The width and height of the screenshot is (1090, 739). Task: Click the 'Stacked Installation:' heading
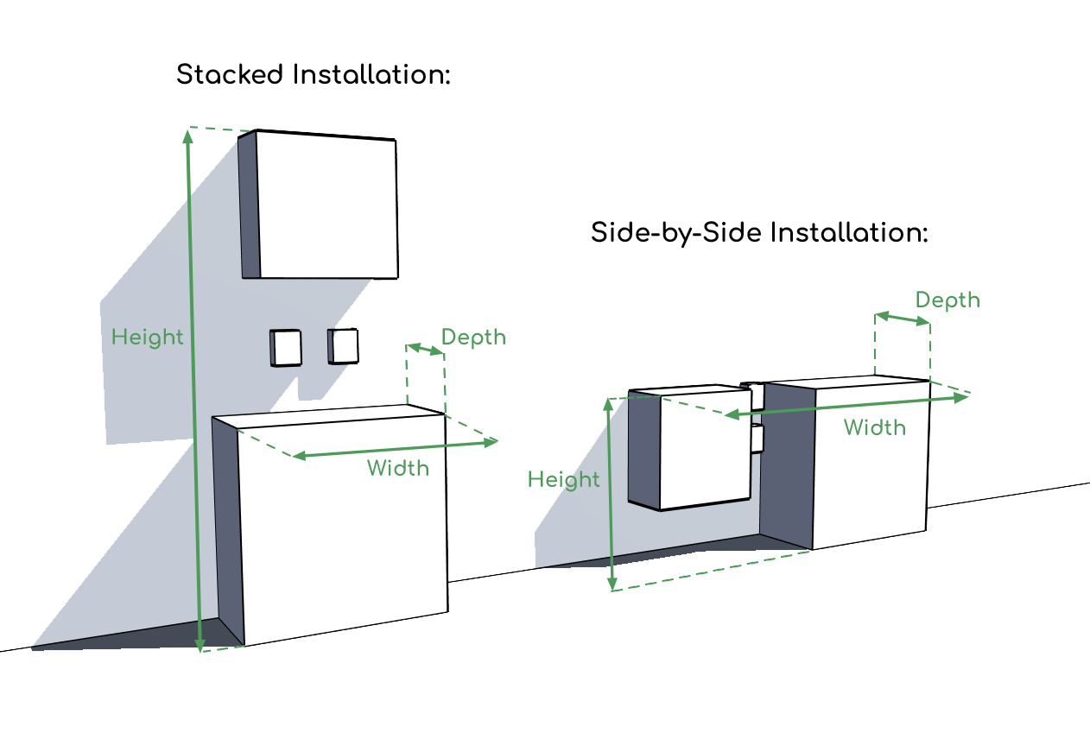pos(314,75)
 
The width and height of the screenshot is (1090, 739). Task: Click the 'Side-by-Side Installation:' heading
pos(759,233)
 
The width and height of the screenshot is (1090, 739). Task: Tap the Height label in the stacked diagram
pos(148,337)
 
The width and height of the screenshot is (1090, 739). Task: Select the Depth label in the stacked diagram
pos(473,337)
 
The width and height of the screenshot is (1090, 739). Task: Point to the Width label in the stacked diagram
pos(397,468)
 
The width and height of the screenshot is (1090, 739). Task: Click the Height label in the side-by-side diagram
pos(563,480)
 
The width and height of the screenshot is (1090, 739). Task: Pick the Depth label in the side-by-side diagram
pos(947,300)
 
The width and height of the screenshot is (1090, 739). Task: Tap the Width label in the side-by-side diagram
pos(874,427)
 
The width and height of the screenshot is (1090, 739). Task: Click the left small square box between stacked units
pos(287,348)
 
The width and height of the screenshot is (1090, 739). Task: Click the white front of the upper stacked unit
pos(327,207)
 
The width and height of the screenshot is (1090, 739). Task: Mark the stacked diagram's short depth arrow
pos(425,349)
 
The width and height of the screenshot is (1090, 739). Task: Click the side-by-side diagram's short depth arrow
pos(903,319)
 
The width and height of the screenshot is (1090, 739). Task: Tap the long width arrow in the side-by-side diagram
pos(846,407)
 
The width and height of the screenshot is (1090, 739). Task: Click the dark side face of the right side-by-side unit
pos(787,466)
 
